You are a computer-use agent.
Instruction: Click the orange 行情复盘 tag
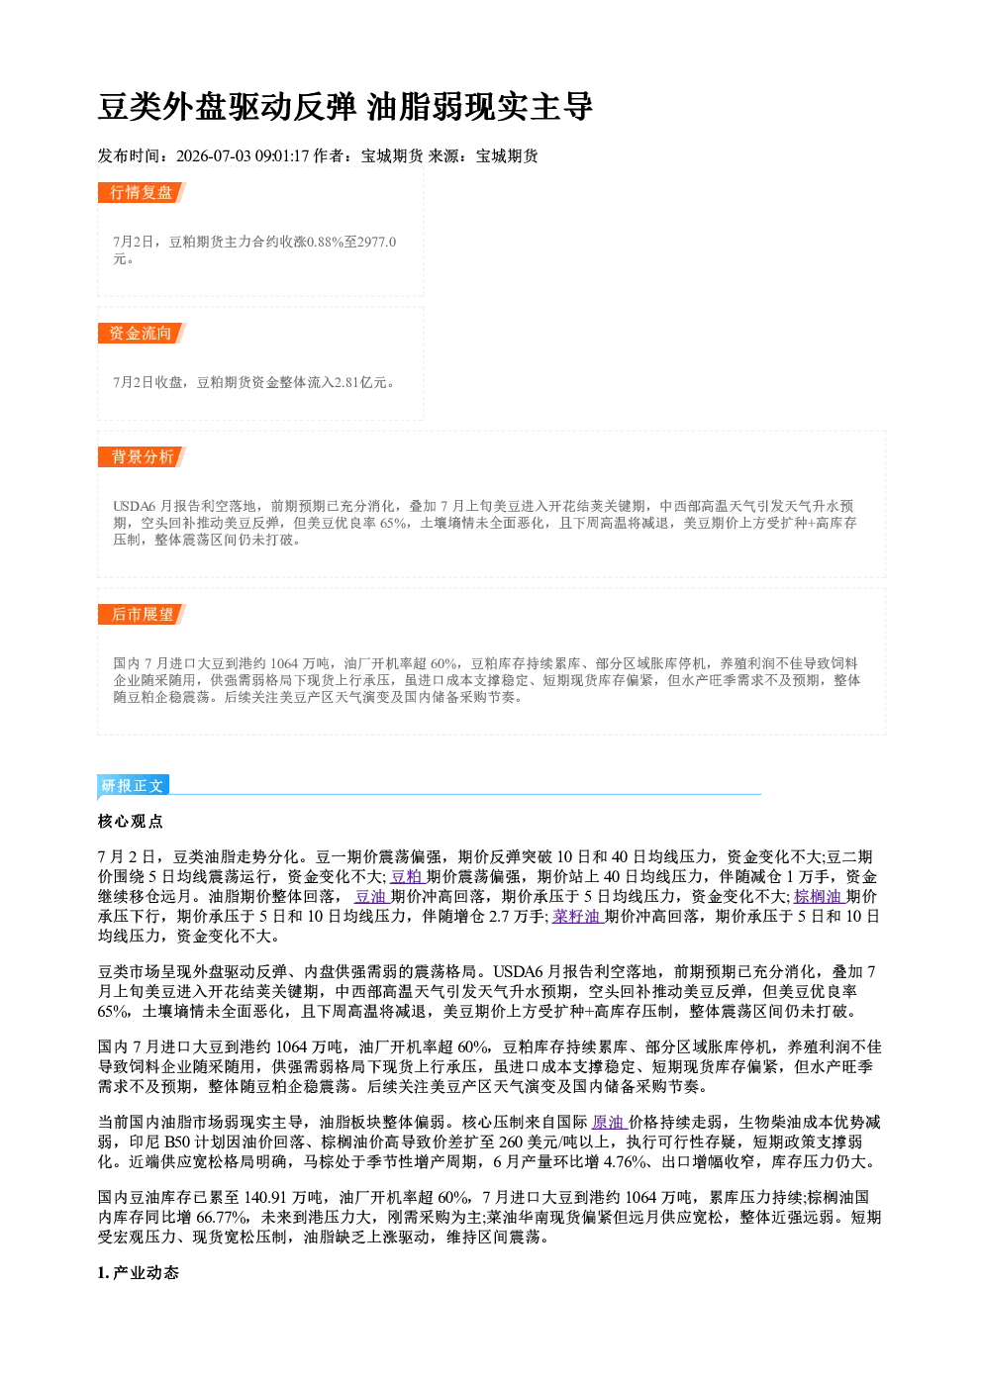pos(142,192)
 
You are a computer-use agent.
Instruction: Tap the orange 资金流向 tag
pos(142,333)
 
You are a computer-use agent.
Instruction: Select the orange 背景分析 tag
pos(142,457)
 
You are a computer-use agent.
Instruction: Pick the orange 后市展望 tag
pos(142,615)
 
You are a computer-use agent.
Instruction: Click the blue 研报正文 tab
pos(133,786)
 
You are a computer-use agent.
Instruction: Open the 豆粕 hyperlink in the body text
pos(406,877)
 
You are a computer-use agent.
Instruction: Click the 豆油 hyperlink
pos(371,897)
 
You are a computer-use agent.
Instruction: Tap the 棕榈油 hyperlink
pos(819,897)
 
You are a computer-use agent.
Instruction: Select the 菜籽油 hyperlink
pos(576,917)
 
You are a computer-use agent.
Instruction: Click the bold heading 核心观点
pos(131,822)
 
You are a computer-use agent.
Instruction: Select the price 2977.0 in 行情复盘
pos(376,242)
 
